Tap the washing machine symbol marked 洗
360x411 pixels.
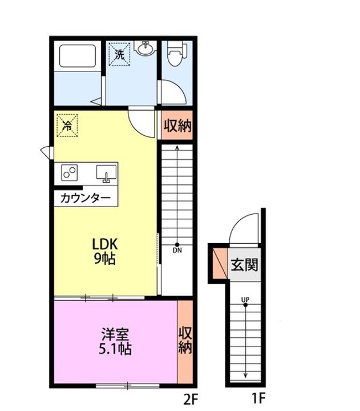pos(120,55)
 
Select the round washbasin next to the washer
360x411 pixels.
pos(146,50)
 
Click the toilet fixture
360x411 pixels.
pos(175,55)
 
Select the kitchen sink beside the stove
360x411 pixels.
pos(106,172)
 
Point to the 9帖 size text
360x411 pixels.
pos(105,259)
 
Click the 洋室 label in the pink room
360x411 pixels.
pos(113,333)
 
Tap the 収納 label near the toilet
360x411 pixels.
pos(177,126)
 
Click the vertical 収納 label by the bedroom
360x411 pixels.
pos(185,340)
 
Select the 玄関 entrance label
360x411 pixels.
pos(245,264)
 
